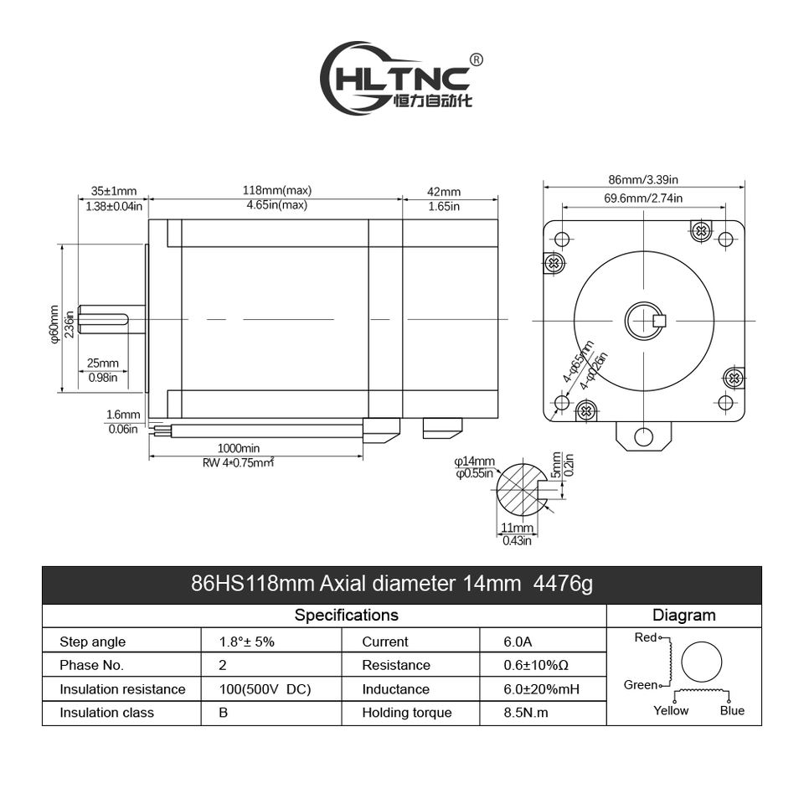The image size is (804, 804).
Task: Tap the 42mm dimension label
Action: coord(444,192)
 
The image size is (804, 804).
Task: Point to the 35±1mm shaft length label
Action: coord(114,191)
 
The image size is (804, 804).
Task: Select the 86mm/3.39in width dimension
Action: coord(643,178)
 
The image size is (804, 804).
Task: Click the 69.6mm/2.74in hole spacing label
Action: coord(643,198)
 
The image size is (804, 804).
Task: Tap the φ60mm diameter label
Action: coord(54,323)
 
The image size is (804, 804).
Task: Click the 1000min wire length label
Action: coord(238,448)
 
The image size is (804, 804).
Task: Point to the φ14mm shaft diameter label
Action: coord(475,461)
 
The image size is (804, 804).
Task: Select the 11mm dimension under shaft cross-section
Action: coord(517,528)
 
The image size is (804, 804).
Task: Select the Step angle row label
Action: coord(92,642)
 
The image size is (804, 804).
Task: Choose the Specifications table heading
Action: coord(346,616)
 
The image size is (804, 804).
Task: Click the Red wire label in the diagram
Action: coord(646,637)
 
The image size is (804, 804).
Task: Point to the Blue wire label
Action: coord(732,710)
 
